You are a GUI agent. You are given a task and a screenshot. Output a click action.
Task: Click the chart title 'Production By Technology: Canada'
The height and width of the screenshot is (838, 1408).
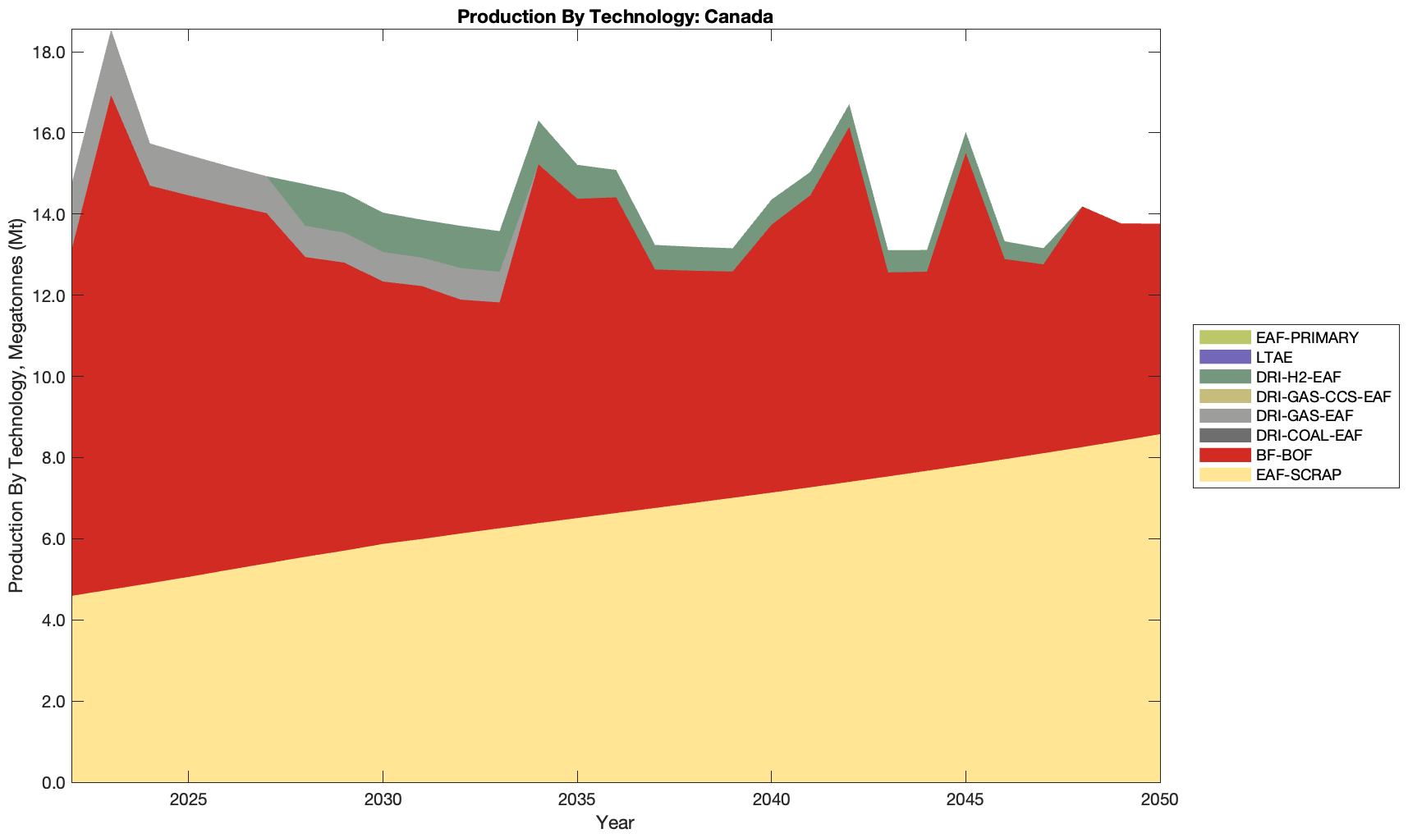tap(615, 16)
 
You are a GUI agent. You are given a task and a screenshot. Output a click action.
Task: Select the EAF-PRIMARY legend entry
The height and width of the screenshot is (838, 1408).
tap(1307, 337)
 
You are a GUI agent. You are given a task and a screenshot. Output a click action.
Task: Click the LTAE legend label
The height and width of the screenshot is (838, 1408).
tap(1274, 357)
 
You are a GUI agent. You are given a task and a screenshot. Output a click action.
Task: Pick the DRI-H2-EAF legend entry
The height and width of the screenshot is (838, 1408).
tap(1300, 377)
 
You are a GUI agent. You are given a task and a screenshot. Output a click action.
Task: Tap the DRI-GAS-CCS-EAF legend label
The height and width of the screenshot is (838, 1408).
tap(1323, 396)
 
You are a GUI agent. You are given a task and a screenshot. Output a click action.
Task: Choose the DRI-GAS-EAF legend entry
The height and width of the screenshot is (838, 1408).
tap(1304, 416)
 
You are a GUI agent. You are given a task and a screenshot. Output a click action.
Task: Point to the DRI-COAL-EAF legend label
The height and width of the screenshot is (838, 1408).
tap(1309, 435)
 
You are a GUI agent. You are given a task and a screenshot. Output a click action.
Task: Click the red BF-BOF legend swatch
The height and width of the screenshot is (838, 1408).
tap(1224, 455)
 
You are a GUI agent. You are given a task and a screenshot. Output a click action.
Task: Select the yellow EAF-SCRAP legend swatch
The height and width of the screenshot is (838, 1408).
tap(1224, 474)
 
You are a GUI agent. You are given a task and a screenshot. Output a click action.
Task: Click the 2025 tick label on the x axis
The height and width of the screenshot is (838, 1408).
tap(189, 801)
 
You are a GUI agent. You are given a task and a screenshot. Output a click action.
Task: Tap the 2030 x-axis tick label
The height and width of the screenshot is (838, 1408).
tap(383, 801)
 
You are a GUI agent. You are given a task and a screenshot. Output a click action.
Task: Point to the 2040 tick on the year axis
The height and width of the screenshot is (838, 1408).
tap(772, 801)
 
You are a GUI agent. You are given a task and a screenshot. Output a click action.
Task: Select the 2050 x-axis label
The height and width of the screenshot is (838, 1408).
tap(1160, 801)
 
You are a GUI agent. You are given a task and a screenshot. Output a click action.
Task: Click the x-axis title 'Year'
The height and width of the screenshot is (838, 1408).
tap(615, 822)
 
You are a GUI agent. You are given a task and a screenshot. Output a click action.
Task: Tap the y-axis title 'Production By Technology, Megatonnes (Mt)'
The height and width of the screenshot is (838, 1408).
tap(16, 406)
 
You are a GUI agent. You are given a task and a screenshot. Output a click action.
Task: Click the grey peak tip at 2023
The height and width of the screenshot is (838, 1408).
tap(111, 33)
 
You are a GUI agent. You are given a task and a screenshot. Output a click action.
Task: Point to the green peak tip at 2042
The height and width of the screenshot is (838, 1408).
tap(849, 106)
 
